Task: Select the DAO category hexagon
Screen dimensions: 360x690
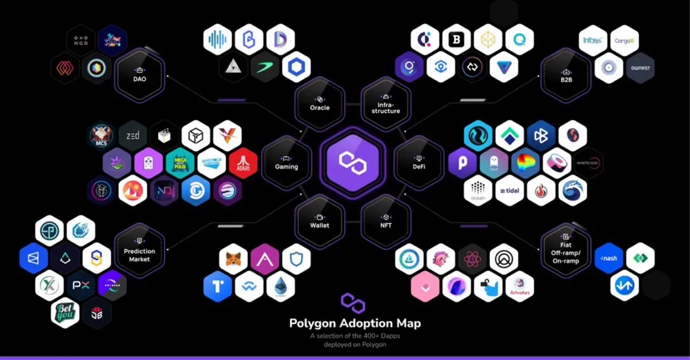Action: coord(140,72)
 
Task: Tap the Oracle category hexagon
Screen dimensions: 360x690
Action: coord(319,102)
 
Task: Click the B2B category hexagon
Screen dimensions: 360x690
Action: coord(566,72)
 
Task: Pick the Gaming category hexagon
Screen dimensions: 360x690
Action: coord(286,161)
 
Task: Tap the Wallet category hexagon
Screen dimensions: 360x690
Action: coord(319,219)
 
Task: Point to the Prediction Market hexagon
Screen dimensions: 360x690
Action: coord(139,249)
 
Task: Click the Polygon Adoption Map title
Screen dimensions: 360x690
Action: coord(355,323)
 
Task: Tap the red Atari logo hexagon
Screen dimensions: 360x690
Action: coord(243,163)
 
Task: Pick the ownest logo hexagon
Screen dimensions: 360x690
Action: coord(640,68)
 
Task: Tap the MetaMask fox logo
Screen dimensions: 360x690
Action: coord(233,259)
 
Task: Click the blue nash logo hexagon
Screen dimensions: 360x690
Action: coord(609,258)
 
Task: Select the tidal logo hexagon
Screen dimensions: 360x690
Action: coord(509,191)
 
